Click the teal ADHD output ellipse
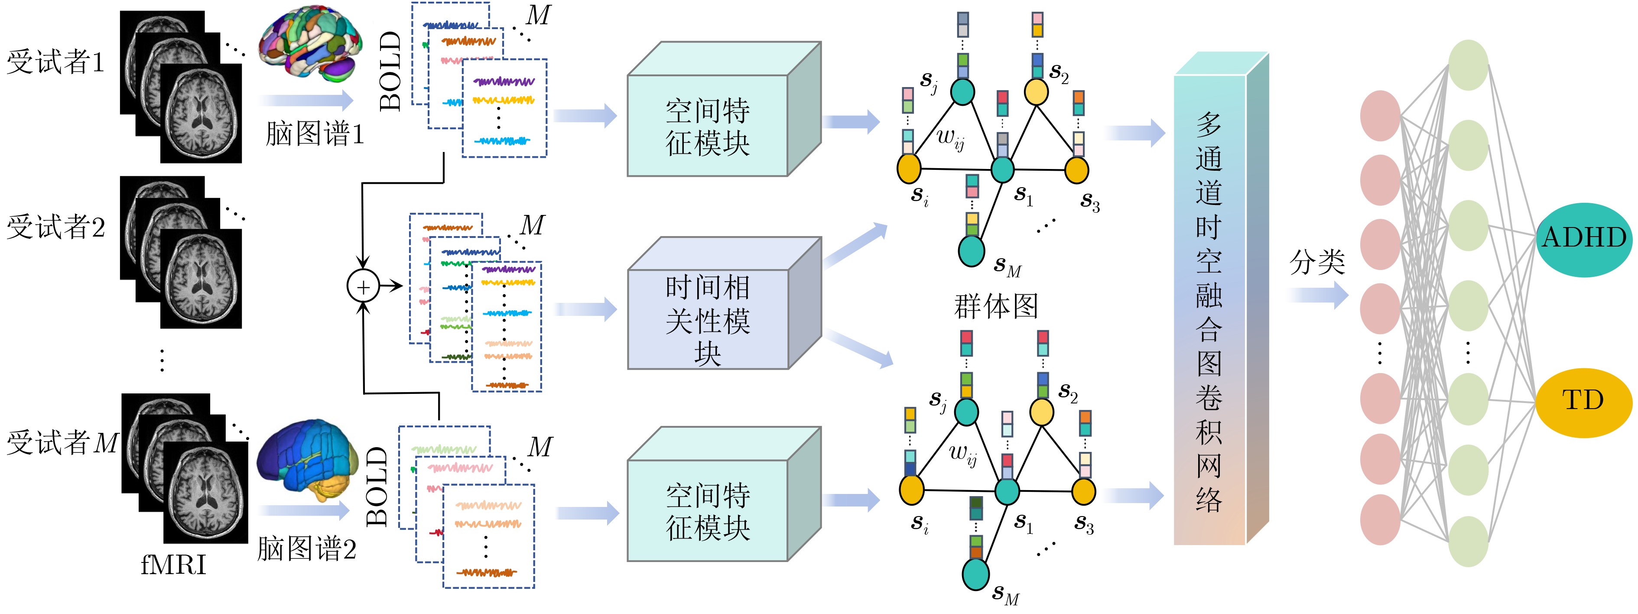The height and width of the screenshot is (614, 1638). click(x=1583, y=239)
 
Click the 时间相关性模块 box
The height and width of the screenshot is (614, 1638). click(x=708, y=320)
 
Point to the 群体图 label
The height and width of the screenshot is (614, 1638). click(x=996, y=306)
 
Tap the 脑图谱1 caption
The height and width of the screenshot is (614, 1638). click(x=315, y=134)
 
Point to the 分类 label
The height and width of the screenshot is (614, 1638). click(x=1317, y=262)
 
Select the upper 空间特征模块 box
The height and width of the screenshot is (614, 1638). click(x=708, y=126)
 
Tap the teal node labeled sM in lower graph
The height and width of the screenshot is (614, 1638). click(x=975, y=574)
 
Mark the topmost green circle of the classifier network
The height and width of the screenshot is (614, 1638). click(x=1468, y=65)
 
